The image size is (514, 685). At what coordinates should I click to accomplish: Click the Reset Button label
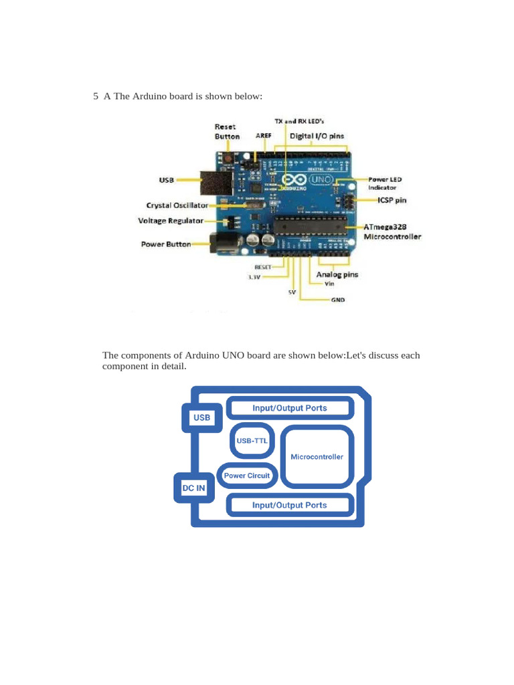pos(227,131)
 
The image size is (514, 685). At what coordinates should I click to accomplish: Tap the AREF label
pos(264,135)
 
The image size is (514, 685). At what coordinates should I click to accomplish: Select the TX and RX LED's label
pos(299,122)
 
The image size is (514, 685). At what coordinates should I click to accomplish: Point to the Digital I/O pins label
pos(317,136)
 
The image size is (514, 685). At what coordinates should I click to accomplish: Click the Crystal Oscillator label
pos(177,205)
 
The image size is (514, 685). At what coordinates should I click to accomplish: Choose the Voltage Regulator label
pos(171,220)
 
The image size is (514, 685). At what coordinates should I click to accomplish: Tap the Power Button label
pos(165,244)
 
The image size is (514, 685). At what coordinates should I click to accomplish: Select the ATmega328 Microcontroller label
pos(392,231)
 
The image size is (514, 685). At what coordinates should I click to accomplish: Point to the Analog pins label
pos(337,274)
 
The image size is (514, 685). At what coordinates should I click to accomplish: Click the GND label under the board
pos(338,300)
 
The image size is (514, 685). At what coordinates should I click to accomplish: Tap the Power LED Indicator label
pos(385,183)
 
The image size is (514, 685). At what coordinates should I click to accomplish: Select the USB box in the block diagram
pos(201,418)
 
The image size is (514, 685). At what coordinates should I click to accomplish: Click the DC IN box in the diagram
pos(194,488)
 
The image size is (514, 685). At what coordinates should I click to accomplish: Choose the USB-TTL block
pos(252,440)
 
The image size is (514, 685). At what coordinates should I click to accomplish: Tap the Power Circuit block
pos(247,476)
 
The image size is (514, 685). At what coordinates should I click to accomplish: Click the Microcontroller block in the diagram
pos(317,457)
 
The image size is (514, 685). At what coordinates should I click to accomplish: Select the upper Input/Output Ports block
pos(289,407)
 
